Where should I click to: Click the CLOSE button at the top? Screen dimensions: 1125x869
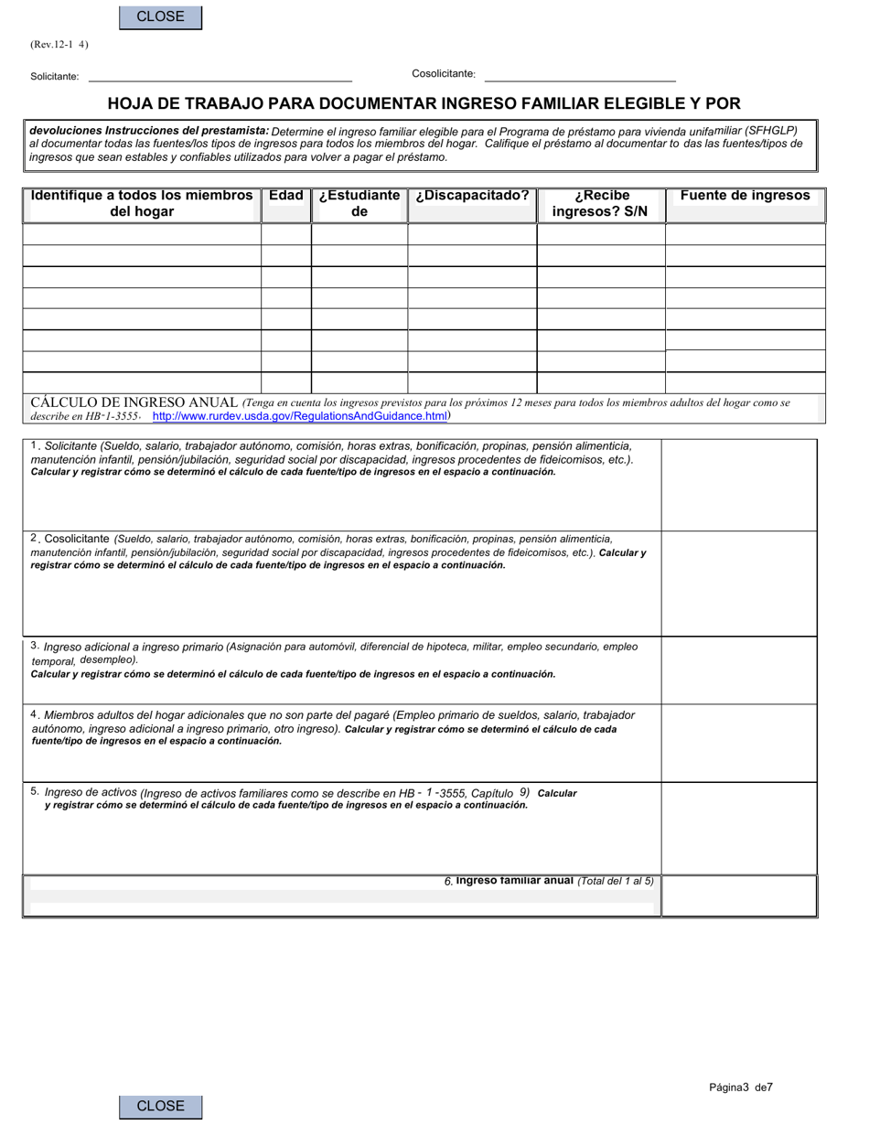coord(160,16)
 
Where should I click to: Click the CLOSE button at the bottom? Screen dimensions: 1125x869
coord(160,1106)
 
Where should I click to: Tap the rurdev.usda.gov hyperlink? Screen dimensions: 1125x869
coord(299,416)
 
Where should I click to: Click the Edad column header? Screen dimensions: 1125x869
coord(286,196)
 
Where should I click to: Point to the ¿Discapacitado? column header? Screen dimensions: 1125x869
coord(472,196)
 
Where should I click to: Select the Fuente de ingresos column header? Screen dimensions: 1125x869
coord(745,196)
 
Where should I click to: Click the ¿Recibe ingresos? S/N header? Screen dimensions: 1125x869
coord(600,204)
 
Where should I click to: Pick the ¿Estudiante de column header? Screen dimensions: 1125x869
coord(359,204)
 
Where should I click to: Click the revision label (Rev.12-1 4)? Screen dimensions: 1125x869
coord(59,44)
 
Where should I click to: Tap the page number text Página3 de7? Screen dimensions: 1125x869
coord(741,1087)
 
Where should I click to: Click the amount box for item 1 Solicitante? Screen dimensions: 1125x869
coord(739,485)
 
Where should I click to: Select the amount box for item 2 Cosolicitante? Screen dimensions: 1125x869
coord(739,584)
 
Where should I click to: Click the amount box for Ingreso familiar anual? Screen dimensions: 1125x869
coord(739,896)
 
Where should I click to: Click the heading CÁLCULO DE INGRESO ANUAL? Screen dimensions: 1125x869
coord(134,402)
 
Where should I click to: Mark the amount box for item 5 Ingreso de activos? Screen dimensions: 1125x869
coord(739,829)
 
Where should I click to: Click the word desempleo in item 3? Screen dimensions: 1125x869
coord(107,659)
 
